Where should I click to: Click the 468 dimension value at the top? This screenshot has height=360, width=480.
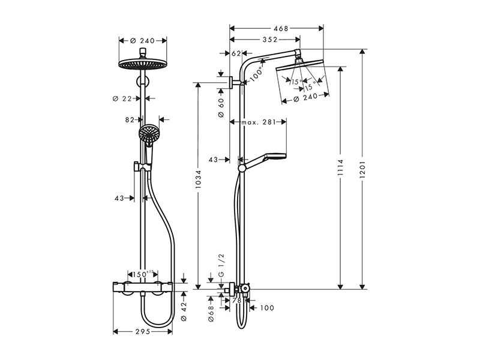click(x=281, y=28)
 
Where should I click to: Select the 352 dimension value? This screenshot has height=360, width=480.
click(x=270, y=40)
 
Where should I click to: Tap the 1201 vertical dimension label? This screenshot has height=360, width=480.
click(x=362, y=169)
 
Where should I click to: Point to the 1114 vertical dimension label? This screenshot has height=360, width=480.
click(x=340, y=167)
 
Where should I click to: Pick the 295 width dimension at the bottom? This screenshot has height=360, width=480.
click(x=143, y=332)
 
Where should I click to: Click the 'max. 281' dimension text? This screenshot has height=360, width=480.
click(x=259, y=122)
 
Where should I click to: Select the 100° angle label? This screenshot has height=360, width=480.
click(x=257, y=74)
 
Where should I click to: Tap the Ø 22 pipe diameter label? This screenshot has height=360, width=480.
click(x=122, y=98)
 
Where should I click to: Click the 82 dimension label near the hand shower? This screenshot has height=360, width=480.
click(x=130, y=120)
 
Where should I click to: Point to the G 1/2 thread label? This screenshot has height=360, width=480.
click(x=221, y=265)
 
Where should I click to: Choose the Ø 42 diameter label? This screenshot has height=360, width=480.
click(x=184, y=311)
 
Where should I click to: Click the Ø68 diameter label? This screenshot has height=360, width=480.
click(x=211, y=313)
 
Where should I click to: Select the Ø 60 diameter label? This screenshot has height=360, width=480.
click(x=221, y=107)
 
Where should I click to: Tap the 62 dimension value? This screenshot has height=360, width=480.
click(x=236, y=53)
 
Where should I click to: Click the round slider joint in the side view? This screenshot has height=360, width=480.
click(x=242, y=168)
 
